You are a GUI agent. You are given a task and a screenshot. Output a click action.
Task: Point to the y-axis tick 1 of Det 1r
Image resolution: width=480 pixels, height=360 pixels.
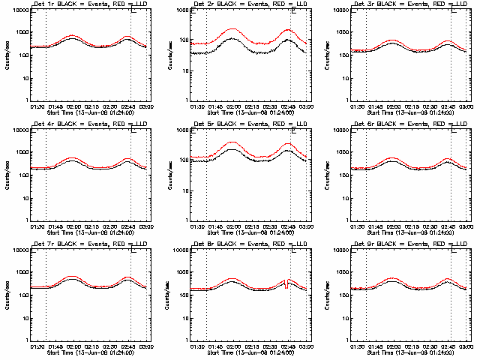click(28, 100)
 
